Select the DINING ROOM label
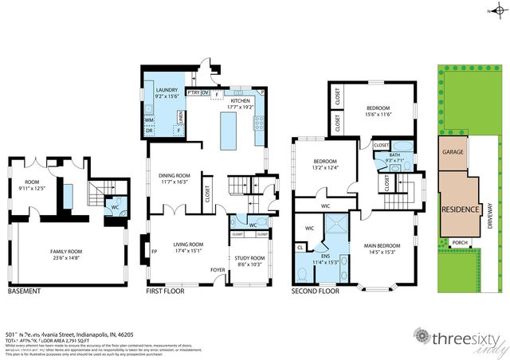click(173, 178)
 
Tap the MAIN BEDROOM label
click(378, 248)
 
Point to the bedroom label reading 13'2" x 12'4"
click(319, 165)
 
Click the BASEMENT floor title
click(24, 292)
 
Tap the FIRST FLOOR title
click(167, 292)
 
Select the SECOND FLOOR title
click(316, 292)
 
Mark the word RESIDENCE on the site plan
click(461, 209)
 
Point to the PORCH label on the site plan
click(459, 243)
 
